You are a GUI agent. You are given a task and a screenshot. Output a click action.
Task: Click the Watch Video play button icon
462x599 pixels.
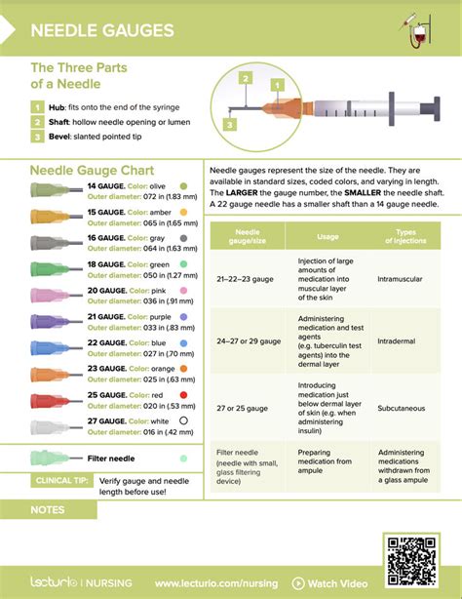click(x=298, y=583)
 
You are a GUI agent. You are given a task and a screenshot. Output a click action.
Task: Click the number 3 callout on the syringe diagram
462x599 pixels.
click(x=229, y=124)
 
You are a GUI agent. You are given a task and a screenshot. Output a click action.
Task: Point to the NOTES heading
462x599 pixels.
click(x=49, y=509)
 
